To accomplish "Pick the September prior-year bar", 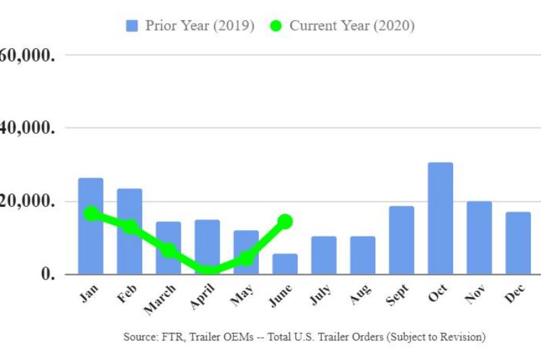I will (x=401, y=240).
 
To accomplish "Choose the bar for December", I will (x=518, y=243).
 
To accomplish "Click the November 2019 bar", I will (x=479, y=238).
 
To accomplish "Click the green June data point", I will (x=285, y=221).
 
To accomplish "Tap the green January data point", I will (x=91, y=214).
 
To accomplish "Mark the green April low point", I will (x=208, y=271).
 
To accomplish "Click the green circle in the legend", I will (x=275, y=26).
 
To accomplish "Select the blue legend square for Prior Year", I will (x=132, y=26).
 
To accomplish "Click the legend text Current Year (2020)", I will (x=352, y=26).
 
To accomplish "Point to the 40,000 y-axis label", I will (x=27, y=127).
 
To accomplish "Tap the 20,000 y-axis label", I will (x=27, y=201).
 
